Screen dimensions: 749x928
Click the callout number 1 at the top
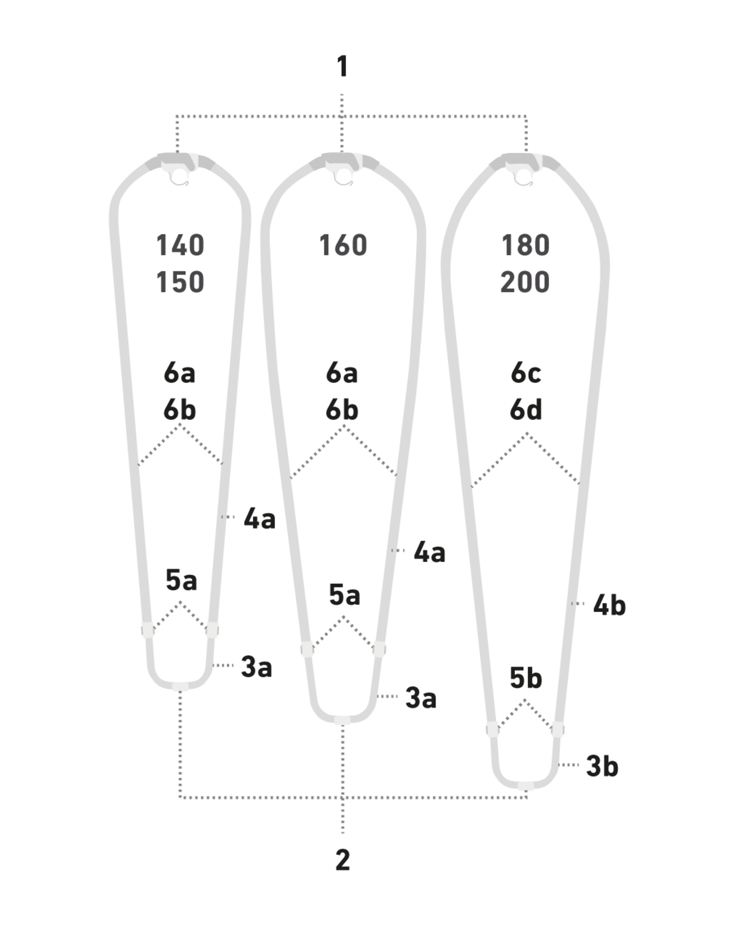(x=342, y=67)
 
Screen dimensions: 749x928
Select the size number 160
(x=343, y=246)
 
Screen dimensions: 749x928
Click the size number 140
(x=180, y=246)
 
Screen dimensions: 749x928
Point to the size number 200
(x=525, y=282)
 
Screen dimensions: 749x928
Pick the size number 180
(x=525, y=246)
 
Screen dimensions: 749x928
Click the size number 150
(x=180, y=282)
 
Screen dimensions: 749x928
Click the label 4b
(x=609, y=605)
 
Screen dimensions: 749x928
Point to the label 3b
(x=602, y=767)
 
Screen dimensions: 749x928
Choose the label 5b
(x=525, y=678)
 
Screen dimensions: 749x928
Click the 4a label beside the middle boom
(x=429, y=552)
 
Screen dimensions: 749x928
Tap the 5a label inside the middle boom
(x=344, y=595)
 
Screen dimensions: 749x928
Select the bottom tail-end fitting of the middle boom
(x=342, y=720)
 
